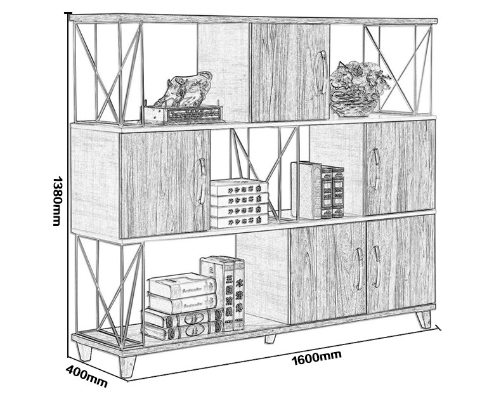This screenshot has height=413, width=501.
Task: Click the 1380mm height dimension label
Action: pos(56,200)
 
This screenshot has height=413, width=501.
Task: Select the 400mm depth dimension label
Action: pos(86,376)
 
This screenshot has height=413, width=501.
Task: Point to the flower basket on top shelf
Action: pos(357,88)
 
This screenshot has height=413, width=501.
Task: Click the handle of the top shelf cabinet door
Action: pos(321,72)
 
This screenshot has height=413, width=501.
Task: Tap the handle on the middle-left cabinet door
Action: pos(202,180)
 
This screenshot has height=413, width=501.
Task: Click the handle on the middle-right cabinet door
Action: pos(375,168)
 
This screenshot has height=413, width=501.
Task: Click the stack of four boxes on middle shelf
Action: pos(238,203)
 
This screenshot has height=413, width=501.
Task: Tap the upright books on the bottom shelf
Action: pos(223,292)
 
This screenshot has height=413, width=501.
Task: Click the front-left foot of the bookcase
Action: pos(127,365)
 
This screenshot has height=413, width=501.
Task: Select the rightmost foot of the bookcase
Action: pos(423,318)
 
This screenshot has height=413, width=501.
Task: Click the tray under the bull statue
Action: pos(183,114)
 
